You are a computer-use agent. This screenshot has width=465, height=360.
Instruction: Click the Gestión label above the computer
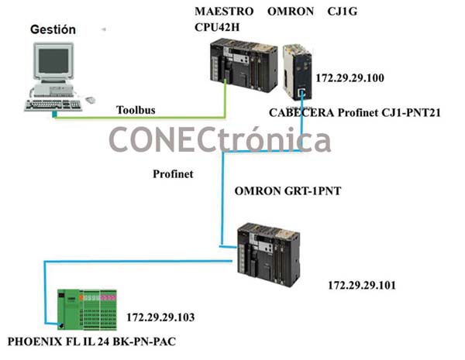pos(53,29)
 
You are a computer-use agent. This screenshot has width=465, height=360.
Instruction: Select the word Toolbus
pos(136,109)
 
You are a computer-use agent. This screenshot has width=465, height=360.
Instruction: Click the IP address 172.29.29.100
pos(351,79)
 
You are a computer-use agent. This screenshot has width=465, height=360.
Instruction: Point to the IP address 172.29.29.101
pos(363,285)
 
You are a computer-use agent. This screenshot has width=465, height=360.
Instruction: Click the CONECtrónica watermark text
pos(220,140)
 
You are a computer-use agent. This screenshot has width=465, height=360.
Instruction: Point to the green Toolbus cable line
pos(139,118)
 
